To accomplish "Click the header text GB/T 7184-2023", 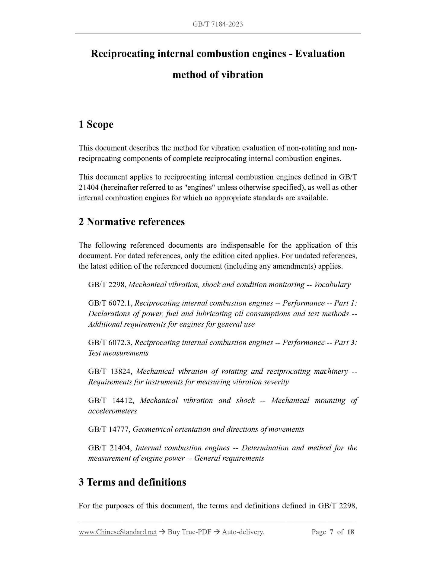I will (218, 24).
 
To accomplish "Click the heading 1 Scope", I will (96, 124).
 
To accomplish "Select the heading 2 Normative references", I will (132, 222).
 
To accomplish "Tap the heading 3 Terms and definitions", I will (132, 482).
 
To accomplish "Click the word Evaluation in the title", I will (320, 54).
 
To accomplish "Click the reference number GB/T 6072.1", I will (110, 303).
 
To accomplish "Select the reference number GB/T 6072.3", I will (110, 343).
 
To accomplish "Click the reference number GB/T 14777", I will (109, 429).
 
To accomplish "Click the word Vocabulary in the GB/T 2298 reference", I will (332, 285).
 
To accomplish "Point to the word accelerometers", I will (112, 411).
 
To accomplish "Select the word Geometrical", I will (152, 429).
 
